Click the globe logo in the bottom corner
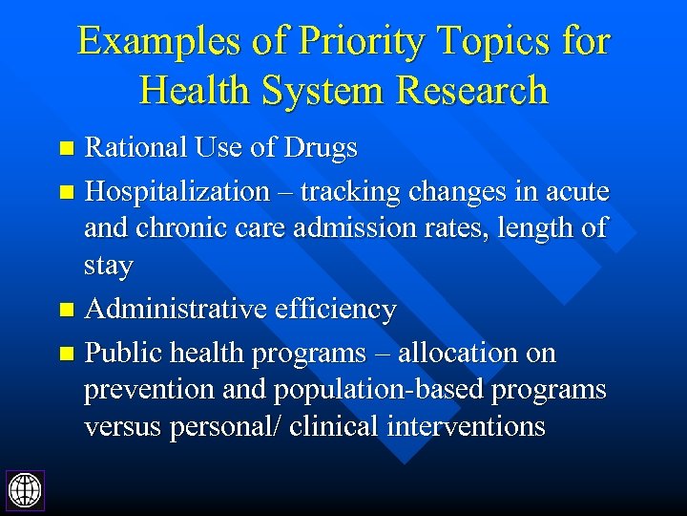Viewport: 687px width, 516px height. tap(25, 489)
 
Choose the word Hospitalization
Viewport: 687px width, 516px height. tap(177, 192)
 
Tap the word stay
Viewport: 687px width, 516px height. tap(109, 267)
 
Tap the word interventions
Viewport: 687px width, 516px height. tap(466, 427)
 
